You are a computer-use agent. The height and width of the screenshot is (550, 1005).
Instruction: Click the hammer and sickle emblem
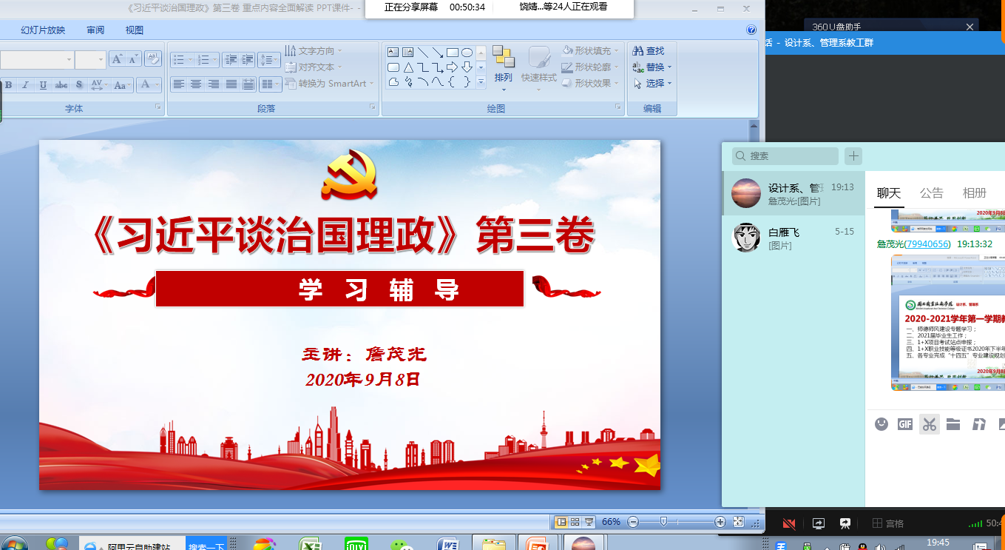click(348, 175)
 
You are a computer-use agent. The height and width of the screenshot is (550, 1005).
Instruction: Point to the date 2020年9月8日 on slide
click(363, 380)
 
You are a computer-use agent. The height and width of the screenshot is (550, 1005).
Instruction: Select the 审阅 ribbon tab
click(95, 30)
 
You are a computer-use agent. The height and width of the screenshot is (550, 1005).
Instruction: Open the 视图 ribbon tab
click(135, 30)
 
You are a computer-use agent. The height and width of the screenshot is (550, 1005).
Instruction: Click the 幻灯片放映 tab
click(43, 30)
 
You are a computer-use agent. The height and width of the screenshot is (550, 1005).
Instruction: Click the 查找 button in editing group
click(649, 51)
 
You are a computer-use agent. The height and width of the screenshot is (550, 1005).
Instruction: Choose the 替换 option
click(652, 67)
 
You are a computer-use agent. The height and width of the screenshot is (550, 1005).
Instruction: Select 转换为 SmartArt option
click(329, 84)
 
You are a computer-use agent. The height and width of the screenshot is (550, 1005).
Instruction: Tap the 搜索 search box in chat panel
click(785, 156)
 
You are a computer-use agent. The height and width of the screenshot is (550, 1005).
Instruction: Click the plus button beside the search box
click(853, 155)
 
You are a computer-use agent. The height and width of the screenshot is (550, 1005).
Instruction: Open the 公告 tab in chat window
click(931, 193)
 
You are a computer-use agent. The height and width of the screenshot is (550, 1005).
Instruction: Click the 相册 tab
click(974, 193)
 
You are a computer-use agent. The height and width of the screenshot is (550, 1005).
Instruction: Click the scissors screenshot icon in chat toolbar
click(930, 424)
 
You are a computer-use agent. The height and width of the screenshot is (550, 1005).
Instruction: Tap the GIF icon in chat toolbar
click(904, 424)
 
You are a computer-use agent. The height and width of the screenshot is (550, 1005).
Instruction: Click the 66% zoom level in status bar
click(611, 522)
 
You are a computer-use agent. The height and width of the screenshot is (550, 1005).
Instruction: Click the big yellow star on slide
click(646, 466)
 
